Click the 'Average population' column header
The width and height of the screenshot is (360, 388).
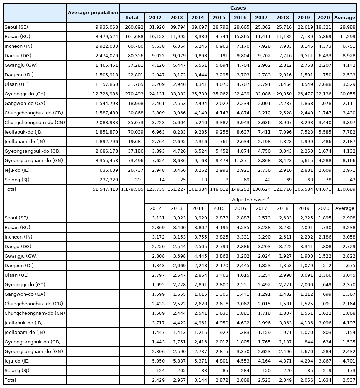point(93,13)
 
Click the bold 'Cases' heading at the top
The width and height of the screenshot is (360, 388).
point(238,8)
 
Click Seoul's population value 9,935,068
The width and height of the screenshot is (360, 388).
point(104,27)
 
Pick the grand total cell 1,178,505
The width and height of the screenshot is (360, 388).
point(132,189)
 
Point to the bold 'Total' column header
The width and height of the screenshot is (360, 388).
point(132,17)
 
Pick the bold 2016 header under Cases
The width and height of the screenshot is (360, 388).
point(240,17)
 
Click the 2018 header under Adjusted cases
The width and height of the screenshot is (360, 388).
point(283,208)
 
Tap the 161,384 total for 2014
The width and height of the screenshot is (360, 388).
point(198,189)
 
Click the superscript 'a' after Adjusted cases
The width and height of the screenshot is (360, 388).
point(268,198)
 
